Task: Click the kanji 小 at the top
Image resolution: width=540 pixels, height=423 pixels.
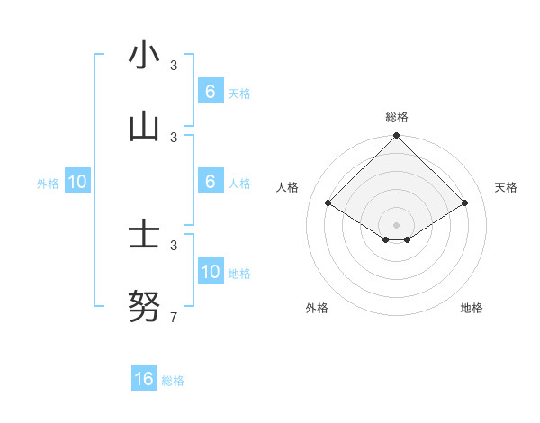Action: pos(144,56)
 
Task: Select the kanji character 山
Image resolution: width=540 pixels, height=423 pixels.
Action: pos(144,128)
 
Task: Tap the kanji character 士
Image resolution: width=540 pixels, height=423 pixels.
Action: pos(144,236)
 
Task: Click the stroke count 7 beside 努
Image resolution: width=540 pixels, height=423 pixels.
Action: pos(174,317)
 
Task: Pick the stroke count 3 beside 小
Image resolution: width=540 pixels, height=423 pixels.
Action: pos(174,65)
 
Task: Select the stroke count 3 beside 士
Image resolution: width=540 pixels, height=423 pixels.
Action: pos(174,245)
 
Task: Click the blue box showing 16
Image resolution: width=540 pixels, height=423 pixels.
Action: pos(144,379)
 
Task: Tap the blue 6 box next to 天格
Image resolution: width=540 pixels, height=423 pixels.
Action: pos(210,91)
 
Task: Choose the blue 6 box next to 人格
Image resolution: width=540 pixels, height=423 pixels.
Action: pos(210,181)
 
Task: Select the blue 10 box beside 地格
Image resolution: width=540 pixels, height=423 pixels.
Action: pos(210,271)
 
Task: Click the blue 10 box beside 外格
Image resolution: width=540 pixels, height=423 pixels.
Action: pos(77,181)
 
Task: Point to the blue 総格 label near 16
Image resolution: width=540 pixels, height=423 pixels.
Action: pos(173,381)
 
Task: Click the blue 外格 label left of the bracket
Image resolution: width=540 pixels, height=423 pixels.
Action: pos(48,183)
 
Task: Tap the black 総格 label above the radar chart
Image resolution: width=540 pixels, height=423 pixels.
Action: pos(396,117)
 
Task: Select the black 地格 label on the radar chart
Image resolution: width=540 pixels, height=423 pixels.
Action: pos(472,308)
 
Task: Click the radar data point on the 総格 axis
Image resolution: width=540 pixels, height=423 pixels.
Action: pos(396,136)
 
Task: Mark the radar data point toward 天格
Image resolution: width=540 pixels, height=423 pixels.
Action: pos(465,203)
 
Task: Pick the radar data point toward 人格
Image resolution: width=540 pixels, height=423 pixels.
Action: pos(328,203)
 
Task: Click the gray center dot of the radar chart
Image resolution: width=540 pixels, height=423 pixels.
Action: pos(396,224)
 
